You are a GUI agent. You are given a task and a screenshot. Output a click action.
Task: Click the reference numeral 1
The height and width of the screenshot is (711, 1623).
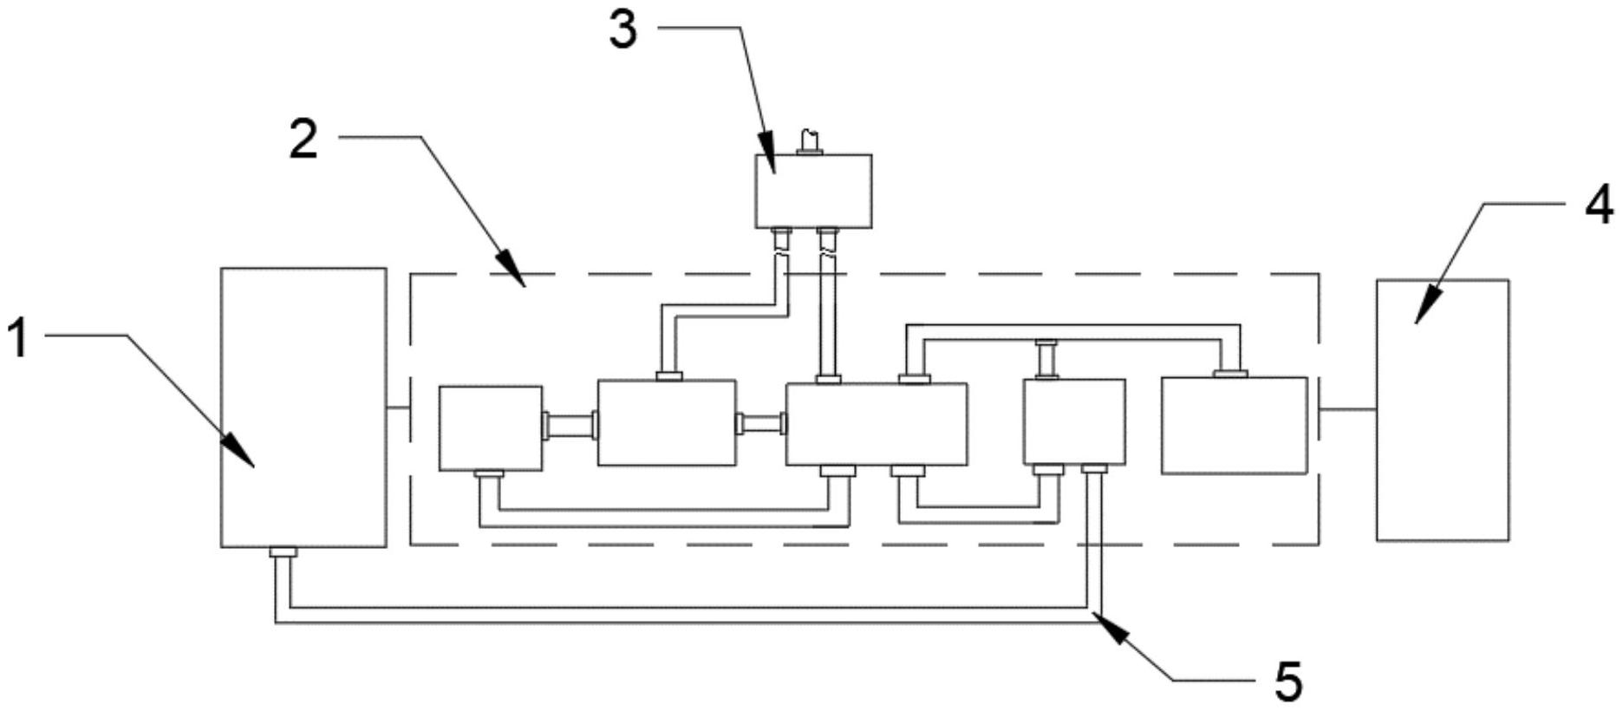[x=18, y=338]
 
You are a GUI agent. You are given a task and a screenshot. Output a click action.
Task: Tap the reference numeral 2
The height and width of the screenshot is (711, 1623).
[x=303, y=140]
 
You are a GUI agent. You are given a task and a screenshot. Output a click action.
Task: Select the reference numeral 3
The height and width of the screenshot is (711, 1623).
[x=622, y=29]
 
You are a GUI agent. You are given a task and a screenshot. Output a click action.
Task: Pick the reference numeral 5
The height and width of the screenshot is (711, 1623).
[x=1288, y=681]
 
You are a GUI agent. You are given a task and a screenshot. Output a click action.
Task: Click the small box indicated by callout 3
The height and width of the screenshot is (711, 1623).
[x=812, y=191]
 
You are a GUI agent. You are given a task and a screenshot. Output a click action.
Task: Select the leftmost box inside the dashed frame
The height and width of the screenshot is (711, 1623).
[x=491, y=428]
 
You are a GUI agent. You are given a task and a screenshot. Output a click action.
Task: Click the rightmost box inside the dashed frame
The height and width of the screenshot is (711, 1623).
[x=1234, y=425]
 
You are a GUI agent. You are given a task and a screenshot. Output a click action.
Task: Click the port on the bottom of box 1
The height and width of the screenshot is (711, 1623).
[x=283, y=552]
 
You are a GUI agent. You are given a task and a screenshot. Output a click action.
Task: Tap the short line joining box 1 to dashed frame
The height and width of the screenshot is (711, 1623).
[x=398, y=408]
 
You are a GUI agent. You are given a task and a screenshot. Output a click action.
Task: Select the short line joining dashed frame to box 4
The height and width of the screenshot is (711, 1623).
[x=1348, y=409]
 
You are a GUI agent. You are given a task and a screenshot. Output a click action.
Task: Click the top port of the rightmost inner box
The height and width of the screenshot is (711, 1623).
[x=1230, y=374]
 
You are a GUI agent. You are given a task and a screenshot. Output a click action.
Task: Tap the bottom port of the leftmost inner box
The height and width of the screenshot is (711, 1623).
[x=489, y=474]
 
